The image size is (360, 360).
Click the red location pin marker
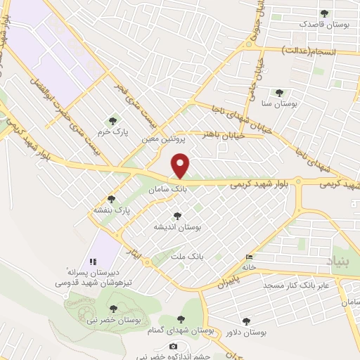pos(181,166)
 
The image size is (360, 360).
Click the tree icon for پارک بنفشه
pos(110,199)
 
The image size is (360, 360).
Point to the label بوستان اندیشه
pos(178,227)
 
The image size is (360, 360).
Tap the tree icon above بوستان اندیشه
pos(176,216)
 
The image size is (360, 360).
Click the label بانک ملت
pos(190,258)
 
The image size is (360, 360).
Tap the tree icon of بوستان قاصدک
pos(324,13)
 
